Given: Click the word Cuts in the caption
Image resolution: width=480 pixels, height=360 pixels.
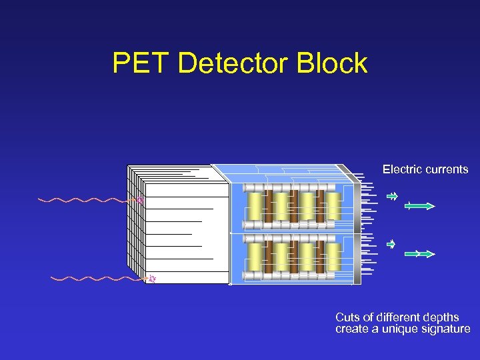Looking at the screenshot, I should point(347,317).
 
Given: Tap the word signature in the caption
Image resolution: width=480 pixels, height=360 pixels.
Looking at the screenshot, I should point(445,329).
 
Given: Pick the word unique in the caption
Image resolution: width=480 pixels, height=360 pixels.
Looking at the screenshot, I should point(399,329).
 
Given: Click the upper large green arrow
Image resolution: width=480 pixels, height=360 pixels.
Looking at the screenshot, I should point(420,206).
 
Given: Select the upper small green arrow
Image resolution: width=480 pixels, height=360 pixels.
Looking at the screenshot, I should point(393,197).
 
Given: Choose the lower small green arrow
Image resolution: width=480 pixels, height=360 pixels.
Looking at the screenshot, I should point(392,244).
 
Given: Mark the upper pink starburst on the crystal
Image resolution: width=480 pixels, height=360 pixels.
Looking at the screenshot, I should point(140,199).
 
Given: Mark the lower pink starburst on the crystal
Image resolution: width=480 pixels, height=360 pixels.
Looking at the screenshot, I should point(152,279).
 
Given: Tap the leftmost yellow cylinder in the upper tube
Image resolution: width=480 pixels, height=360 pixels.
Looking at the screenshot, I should point(255,207).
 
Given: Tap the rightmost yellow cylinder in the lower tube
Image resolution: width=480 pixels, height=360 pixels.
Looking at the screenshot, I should point(333,256).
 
